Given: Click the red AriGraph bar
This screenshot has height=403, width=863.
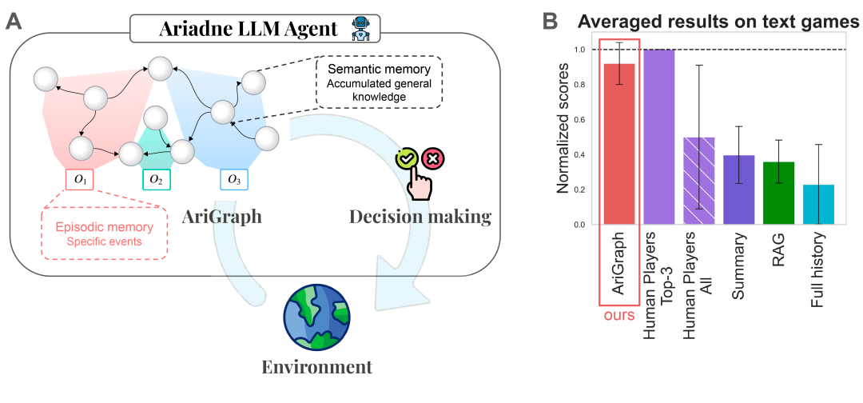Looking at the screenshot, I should coord(618,144).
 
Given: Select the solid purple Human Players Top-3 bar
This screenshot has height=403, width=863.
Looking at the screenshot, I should coord(659,137).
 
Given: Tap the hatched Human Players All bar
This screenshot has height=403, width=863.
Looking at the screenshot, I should coord(700,181).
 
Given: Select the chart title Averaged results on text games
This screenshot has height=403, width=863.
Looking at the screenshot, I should coord(718,22).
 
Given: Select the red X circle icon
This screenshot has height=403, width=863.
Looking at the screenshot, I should coord(434,158).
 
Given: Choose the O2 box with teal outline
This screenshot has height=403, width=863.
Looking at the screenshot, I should coord(156,180).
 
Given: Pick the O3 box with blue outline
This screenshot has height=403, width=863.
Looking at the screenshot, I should coord(233,180).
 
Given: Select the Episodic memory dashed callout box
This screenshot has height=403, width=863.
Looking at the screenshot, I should coord(104,233).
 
